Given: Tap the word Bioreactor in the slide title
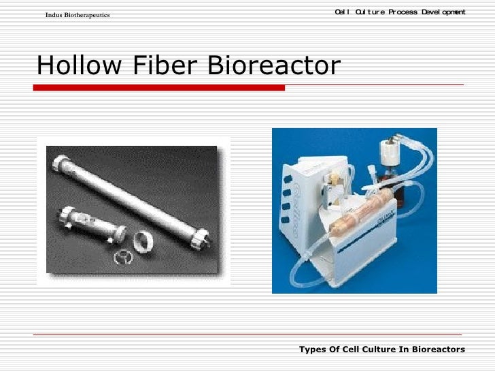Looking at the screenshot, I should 273,67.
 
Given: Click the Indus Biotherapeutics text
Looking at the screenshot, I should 78,15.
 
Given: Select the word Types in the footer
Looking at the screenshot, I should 312,350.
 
